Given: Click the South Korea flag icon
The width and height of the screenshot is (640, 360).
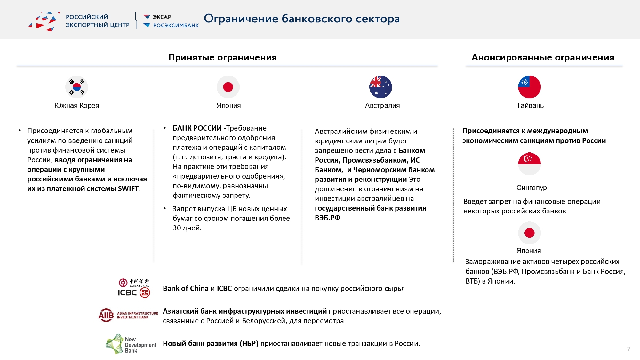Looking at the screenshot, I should (77, 87).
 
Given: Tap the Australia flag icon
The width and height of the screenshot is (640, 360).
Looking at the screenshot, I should (380, 87).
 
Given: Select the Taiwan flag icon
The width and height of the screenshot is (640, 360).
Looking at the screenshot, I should (529, 87).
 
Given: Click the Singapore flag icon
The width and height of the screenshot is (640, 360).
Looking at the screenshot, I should (529, 164).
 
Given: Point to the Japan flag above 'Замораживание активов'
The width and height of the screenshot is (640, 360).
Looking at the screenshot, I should (529, 233).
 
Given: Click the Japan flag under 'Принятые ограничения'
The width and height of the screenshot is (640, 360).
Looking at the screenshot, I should (228, 87).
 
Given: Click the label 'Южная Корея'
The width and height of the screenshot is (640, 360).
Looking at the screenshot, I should (77, 106).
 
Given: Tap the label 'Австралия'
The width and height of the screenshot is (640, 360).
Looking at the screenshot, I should (382, 106).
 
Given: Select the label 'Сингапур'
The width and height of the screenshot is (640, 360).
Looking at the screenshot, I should (532, 188).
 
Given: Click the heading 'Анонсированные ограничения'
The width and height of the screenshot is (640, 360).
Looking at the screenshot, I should (543, 58).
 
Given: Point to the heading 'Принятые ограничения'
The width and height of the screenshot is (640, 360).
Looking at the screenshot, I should (222, 58).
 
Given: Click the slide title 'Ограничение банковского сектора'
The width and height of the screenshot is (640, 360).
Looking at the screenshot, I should (302, 19).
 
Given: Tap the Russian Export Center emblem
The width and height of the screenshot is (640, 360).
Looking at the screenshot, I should (45, 21).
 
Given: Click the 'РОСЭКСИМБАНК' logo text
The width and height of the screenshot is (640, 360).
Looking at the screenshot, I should (176, 25).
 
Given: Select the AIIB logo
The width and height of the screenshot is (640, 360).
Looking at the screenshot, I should (128, 315).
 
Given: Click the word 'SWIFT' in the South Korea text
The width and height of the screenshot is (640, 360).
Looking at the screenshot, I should (128, 189).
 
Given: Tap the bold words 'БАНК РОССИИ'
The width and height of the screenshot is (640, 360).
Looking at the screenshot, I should (197, 128).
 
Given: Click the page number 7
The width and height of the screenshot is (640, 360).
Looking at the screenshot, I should (628, 349).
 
